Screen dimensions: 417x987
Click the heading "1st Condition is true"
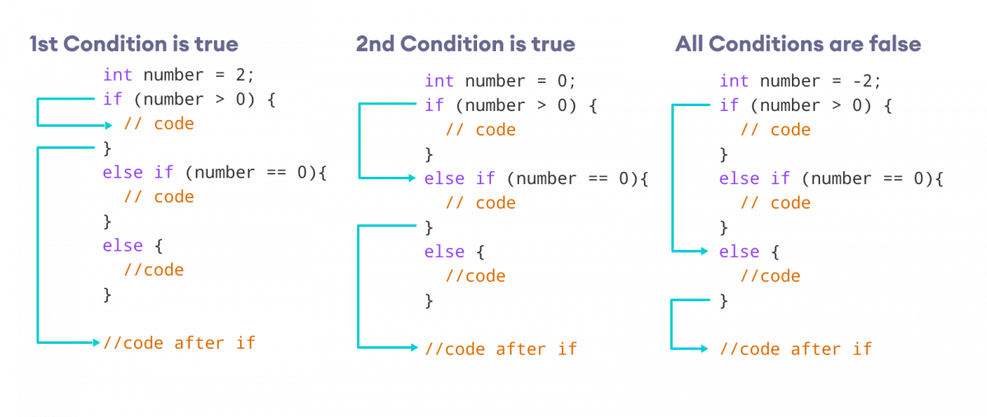pyautogui.click(x=134, y=44)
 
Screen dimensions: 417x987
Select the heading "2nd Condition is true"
pyautogui.click(x=466, y=44)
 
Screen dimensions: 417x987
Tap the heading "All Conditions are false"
pyautogui.click(x=798, y=44)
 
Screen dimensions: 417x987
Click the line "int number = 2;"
pyautogui.click(x=178, y=75)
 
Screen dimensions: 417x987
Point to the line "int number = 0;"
pyautogui.click(x=500, y=81)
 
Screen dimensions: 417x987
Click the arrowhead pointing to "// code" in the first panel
pyautogui.click(x=109, y=125)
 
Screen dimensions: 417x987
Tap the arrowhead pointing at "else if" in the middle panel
pyautogui.click(x=413, y=178)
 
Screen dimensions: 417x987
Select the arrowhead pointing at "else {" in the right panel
pyautogui.click(x=703, y=251)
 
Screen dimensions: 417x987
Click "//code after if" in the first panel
pyautogui.click(x=178, y=342)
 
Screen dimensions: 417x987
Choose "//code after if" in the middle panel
pyautogui.click(x=500, y=349)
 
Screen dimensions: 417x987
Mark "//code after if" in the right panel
pyautogui.click(x=795, y=349)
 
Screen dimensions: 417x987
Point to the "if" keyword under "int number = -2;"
pyautogui.click(x=729, y=105)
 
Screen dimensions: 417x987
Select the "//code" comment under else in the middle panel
pyautogui.click(x=475, y=276)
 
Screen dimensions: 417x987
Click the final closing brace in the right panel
pyautogui.click(x=724, y=301)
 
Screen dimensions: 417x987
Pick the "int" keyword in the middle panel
pyautogui.click(x=439, y=81)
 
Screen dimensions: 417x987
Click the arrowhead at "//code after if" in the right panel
pyautogui.click(x=703, y=349)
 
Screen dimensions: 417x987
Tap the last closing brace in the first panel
pyautogui.click(x=107, y=294)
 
